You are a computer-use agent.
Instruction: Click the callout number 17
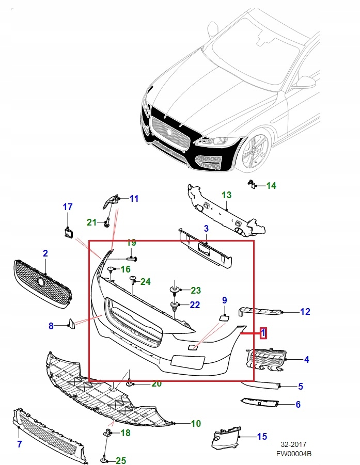[x=68, y=207]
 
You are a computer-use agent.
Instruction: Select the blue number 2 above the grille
[x=45, y=253]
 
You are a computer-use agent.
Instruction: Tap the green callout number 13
[x=227, y=195]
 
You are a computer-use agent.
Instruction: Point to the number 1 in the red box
[x=263, y=333]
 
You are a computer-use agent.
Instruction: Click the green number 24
[x=146, y=282]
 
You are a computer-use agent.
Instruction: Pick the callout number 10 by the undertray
[x=195, y=424]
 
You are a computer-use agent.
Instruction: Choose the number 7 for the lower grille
[x=19, y=444]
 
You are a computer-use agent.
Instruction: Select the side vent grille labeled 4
[x=266, y=359]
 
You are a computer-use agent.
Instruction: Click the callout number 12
[x=305, y=311]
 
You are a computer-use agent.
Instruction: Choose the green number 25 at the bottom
[x=120, y=460]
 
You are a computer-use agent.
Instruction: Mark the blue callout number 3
[x=206, y=228]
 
